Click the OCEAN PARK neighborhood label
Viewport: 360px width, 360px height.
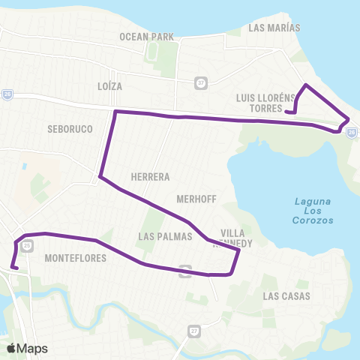coord(146,36)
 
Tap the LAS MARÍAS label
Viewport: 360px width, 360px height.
coord(274,28)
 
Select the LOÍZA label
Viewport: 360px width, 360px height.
coord(109,86)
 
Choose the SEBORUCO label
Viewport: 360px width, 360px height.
coord(70,129)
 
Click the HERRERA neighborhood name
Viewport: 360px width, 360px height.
coord(150,177)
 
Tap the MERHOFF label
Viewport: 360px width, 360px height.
coord(196,199)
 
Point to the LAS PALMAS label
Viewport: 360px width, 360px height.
coord(166,236)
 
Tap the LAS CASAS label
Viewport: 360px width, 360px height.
coord(282,296)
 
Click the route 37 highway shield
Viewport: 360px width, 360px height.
coord(200,82)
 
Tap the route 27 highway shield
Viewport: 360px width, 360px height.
coord(194,331)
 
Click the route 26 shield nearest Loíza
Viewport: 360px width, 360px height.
coord(7,94)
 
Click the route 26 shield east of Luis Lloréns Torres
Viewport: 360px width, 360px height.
coord(351,133)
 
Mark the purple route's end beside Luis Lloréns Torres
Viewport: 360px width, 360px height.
coord(287,112)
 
